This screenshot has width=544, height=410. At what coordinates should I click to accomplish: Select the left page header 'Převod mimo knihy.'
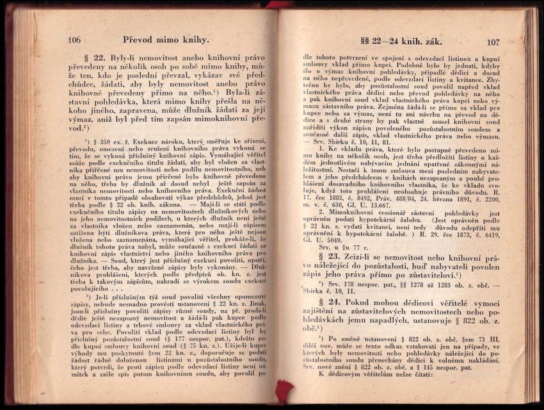click(x=166, y=40)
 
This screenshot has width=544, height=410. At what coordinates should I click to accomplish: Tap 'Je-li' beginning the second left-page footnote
click(x=104, y=297)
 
